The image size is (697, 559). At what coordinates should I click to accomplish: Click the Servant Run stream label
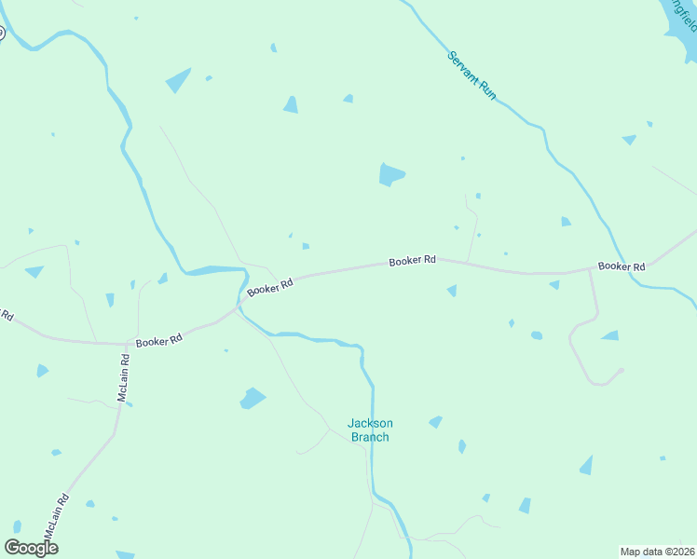point(471,75)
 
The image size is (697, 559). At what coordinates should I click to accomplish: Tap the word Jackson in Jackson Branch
point(370,423)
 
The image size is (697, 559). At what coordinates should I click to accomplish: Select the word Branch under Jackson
point(370,437)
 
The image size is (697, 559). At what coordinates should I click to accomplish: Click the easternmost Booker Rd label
point(622,266)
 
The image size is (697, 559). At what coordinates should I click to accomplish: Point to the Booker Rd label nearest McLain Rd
point(158,342)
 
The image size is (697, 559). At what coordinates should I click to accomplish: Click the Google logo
point(32,547)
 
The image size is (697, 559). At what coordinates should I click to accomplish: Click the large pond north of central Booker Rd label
point(391,174)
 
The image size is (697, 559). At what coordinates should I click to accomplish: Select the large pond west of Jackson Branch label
point(253,399)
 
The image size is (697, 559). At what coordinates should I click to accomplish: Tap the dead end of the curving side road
point(621,371)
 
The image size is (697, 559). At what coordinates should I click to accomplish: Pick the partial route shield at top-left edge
point(2,34)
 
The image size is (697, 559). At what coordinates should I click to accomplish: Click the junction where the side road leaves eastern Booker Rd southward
point(591,271)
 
